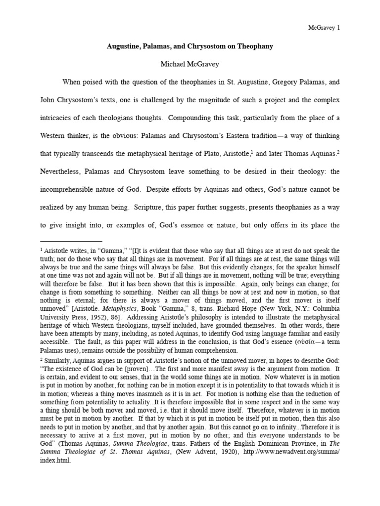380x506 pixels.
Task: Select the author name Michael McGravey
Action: [x=190, y=64]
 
